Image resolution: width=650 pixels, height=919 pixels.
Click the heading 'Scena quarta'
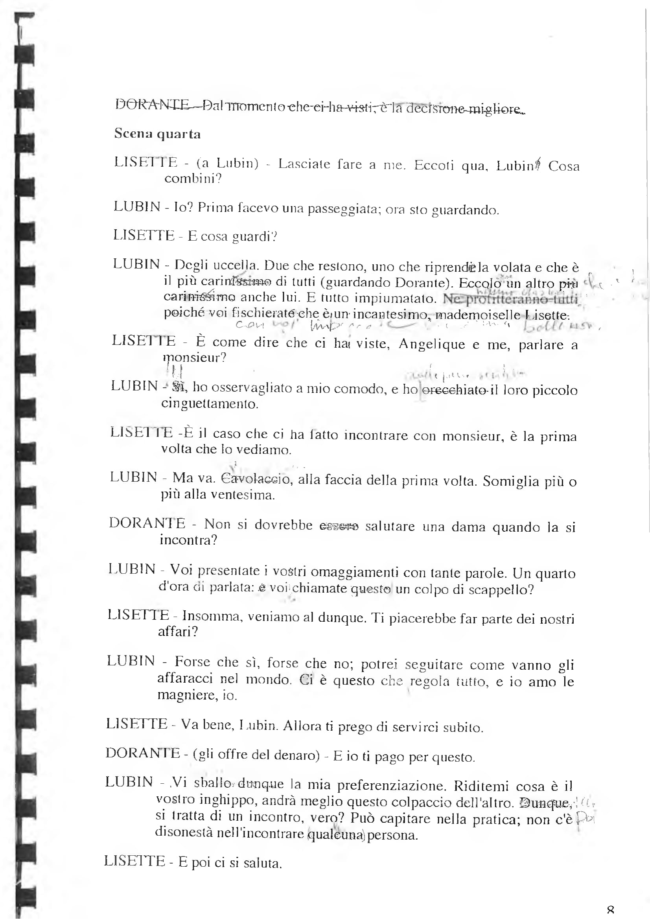tap(157, 133)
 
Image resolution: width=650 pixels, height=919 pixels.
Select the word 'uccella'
tap(235, 265)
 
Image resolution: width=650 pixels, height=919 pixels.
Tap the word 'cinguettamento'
tap(210, 403)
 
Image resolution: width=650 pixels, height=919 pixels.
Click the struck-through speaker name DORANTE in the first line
tap(152, 105)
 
